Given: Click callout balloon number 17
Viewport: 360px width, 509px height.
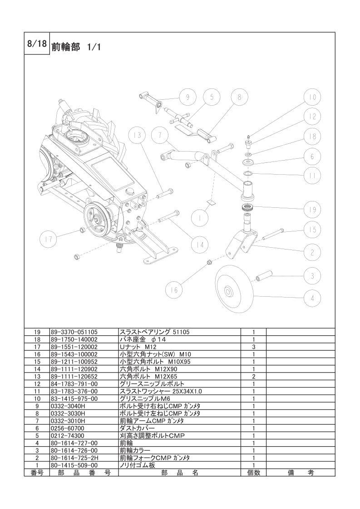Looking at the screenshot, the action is (x=48, y=240).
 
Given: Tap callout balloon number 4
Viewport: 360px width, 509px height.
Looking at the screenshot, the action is (x=312, y=298).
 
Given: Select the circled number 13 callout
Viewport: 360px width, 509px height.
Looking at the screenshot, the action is (x=137, y=135).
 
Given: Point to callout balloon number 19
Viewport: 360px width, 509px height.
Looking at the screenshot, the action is (x=312, y=210).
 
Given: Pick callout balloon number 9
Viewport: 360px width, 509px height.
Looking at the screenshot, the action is (x=188, y=97).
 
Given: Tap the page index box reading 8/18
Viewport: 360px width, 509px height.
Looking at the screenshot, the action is (x=37, y=44).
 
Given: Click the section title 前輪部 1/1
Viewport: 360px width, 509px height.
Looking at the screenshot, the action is (x=76, y=47).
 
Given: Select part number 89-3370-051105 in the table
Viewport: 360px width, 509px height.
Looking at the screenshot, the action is (x=74, y=332).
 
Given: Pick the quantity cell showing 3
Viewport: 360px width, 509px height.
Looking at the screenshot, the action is (x=253, y=347).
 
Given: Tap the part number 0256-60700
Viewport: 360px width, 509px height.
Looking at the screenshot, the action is (x=67, y=429).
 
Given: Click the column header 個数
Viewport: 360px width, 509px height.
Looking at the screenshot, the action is (x=253, y=473).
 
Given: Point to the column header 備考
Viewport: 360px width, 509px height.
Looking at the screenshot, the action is (x=301, y=473).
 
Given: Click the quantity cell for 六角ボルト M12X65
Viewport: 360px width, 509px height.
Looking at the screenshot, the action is (x=253, y=377).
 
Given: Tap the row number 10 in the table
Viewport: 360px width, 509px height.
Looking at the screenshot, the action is (x=37, y=399).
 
